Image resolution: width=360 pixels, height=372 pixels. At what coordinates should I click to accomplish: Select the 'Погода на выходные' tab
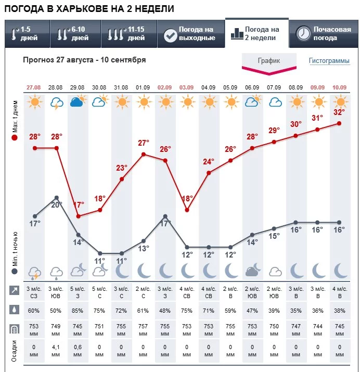coord(189,34)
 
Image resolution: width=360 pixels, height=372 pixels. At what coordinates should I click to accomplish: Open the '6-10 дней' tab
coord(72,34)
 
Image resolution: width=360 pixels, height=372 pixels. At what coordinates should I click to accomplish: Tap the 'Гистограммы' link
coord(329,61)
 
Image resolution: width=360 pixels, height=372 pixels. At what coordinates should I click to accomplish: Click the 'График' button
coord(269,61)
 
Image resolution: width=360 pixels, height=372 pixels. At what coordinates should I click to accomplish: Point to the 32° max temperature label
coord(339,112)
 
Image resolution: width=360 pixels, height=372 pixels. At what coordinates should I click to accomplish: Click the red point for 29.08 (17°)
coord(79,216)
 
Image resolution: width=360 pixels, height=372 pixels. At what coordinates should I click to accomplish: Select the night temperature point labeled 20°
coord(57,198)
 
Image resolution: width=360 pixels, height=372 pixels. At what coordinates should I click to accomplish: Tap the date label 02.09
coord(165,87)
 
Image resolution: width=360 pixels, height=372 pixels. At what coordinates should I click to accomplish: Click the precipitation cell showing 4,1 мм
coord(57,350)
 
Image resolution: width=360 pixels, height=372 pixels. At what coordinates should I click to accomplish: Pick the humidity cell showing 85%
coord(79,311)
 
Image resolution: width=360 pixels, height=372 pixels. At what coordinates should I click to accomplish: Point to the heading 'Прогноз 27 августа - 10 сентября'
coord(84,60)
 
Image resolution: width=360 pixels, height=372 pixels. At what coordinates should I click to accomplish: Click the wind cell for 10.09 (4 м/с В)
coord(339,292)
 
